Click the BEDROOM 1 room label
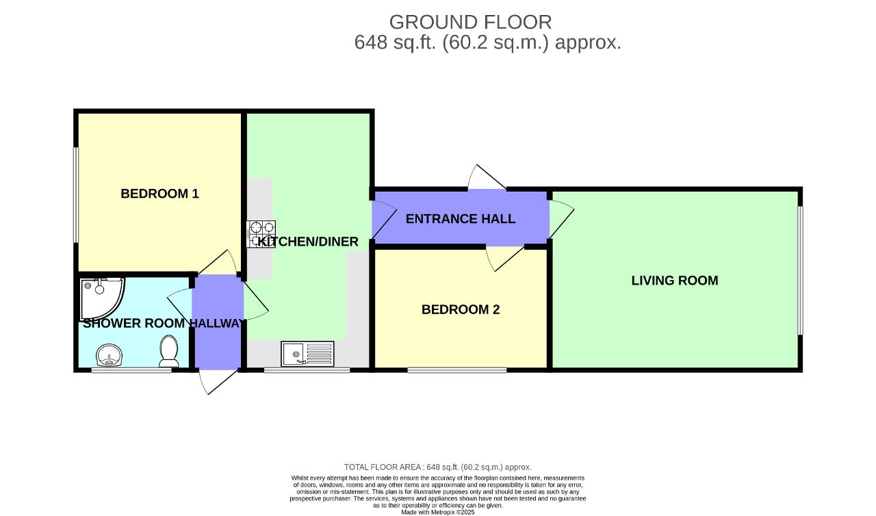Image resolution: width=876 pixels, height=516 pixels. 159,194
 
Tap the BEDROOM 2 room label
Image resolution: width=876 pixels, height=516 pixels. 460,309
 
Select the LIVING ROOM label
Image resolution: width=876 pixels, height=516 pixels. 674,281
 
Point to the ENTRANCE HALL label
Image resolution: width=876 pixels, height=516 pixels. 460,219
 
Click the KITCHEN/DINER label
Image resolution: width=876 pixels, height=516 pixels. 308,242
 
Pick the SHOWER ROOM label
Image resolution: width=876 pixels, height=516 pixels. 134,324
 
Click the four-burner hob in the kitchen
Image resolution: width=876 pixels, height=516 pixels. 261,233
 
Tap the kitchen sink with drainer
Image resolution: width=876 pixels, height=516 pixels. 307,354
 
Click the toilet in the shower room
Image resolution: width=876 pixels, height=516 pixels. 168,351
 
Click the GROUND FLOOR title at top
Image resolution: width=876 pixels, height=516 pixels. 470,23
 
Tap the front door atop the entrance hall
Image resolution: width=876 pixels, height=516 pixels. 487,179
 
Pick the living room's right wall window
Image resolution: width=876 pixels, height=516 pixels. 799,270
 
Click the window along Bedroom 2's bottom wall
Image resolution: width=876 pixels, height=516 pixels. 456,370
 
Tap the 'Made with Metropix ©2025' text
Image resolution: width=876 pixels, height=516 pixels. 438,512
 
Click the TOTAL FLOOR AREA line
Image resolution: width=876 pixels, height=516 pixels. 438,467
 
